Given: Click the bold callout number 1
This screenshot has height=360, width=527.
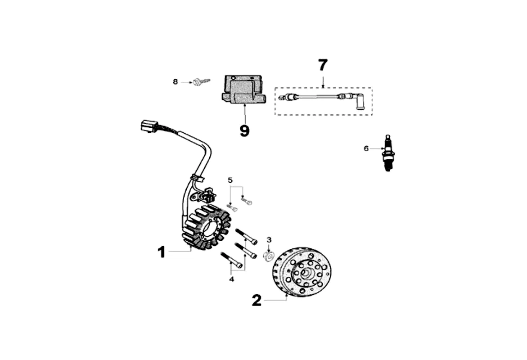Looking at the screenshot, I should [161, 252].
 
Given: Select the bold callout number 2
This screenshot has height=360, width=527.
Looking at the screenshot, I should [257, 300].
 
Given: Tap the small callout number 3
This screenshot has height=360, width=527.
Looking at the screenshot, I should [269, 239].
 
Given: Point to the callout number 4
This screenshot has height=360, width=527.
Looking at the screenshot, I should [232, 279].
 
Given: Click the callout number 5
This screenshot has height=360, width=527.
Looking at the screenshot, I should [230, 180].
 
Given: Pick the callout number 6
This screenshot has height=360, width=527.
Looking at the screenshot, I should [366, 148].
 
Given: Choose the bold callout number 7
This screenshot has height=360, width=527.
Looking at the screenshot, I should [323, 65].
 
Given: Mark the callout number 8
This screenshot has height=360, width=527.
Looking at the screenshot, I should [175, 81].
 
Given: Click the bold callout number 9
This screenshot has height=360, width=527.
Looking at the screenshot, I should [244, 130].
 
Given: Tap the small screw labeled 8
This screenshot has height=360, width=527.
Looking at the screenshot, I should [200, 81].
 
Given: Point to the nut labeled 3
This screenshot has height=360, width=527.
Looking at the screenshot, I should [267, 256].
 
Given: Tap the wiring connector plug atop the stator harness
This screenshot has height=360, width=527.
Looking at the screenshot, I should [149, 126].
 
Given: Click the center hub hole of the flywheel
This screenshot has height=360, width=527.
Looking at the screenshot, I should [307, 273].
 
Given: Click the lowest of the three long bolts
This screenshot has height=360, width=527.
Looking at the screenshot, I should [232, 261].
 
